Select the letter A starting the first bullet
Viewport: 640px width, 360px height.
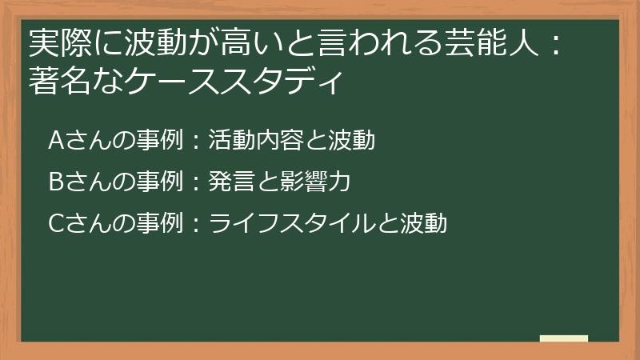coord(56,140)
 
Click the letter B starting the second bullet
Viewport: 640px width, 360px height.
coord(56,182)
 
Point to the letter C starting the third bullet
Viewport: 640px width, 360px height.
coord(56,224)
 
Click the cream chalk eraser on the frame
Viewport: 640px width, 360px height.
coord(564,338)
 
